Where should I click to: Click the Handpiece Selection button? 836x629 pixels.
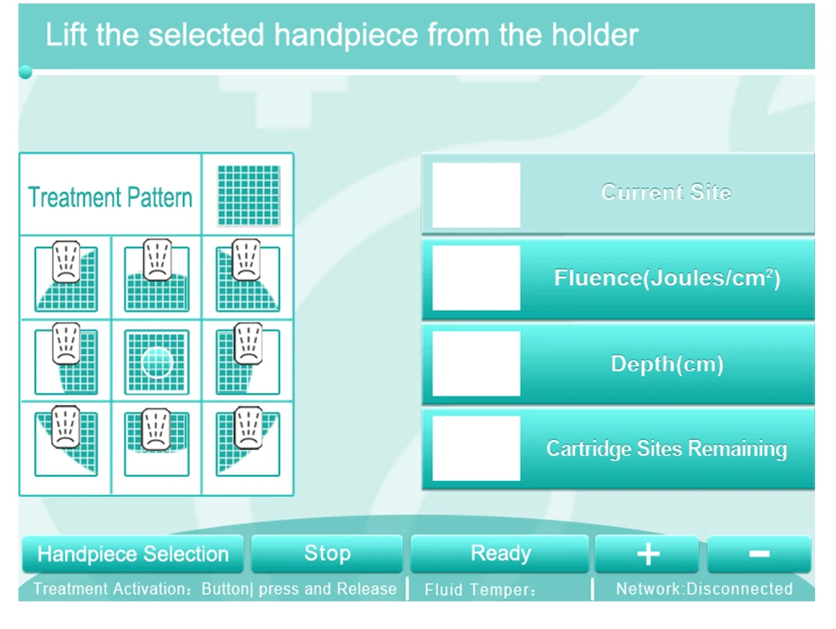coord(133,554)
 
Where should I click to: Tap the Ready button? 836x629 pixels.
coord(500,554)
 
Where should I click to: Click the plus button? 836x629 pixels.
coord(647,554)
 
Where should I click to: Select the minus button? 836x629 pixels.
coord(759,554)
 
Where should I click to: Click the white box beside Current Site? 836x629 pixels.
coord(477,195)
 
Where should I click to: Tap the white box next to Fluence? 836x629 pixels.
coord(477,278)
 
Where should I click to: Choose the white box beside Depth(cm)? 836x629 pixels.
coord(477,363)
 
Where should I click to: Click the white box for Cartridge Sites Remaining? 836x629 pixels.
coord(477,448)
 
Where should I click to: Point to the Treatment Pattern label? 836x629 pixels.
coord(110,197)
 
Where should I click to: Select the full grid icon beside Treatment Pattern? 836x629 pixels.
coord(248,195)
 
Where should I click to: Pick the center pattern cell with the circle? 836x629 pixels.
coord(157,361)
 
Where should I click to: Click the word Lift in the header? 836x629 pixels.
coord(66,35)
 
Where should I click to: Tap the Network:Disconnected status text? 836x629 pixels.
coord(704,589)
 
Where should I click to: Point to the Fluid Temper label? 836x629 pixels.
coord(479,590)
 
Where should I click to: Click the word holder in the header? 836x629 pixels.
coord(594,35)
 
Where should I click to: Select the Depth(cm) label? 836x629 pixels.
coord(667,364)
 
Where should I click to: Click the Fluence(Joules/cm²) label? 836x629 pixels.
coord(667,278)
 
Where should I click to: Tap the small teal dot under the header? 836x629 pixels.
coord(25,72)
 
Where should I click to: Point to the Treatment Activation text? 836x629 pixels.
coord(214,589)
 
